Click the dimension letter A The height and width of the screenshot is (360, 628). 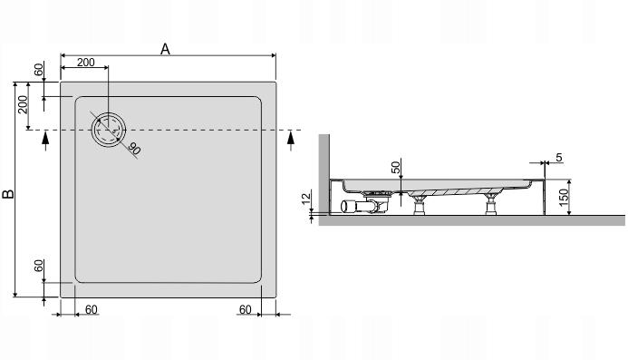[x=165, y=49]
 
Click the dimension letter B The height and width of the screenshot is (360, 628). [x=8, y=194]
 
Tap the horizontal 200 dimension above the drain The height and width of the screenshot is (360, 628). [x=86, y=63]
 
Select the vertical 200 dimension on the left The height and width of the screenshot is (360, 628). [x=23, y=104]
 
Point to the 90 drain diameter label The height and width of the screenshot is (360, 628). [x=134, y=149]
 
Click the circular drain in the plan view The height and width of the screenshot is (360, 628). [x=109, y=130]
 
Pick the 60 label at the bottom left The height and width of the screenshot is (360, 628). [x=91, y=309]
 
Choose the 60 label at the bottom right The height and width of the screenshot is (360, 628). [x=245, y=309]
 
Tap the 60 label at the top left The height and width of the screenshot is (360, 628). [x=38, y=69]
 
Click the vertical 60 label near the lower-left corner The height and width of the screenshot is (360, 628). [x=38, y=266]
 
